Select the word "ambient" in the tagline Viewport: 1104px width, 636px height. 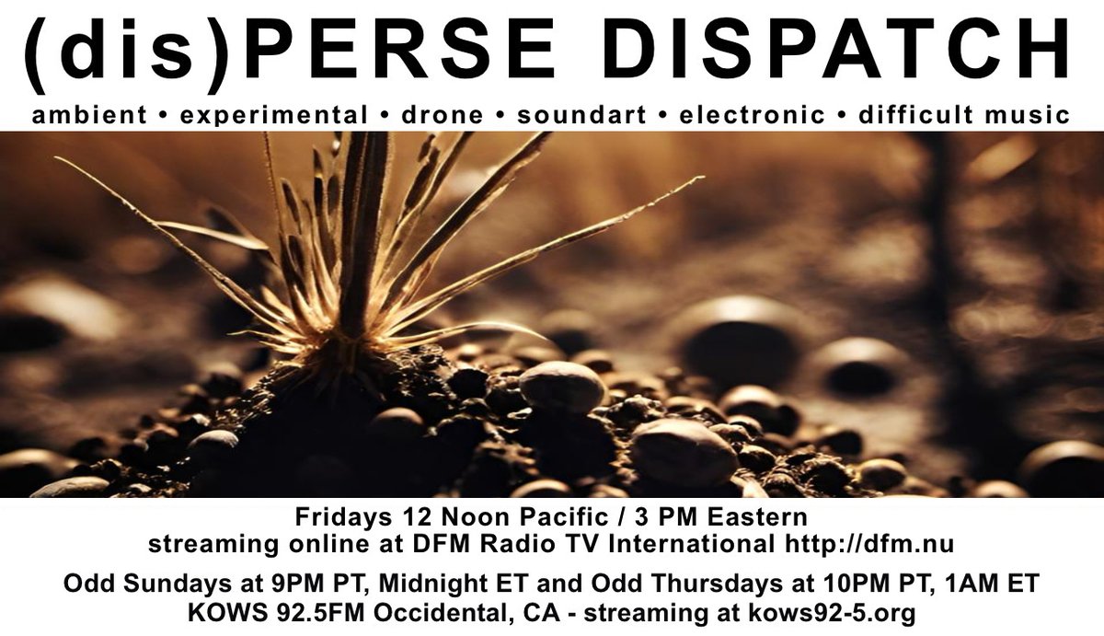(88, 115)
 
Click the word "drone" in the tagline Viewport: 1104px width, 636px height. (443, 115)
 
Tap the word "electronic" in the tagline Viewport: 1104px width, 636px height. (752, 115)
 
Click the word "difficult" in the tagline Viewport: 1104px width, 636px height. (914, 115)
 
